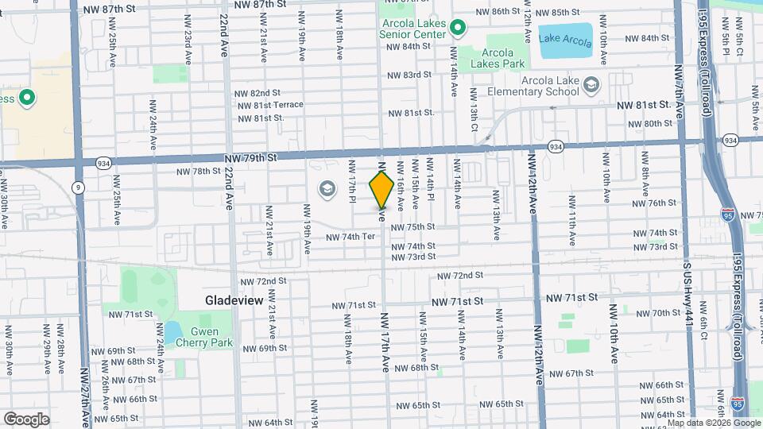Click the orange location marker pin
click(x=381, y=188)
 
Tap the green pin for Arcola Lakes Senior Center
click(x=457, y=29)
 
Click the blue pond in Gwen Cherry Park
click(x=172, y=330)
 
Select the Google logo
click(x=25, y=419)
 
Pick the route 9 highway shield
click(x=78, y=187)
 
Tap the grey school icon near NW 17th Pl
click(x=325, y=188)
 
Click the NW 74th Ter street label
click(x=350, y=237)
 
